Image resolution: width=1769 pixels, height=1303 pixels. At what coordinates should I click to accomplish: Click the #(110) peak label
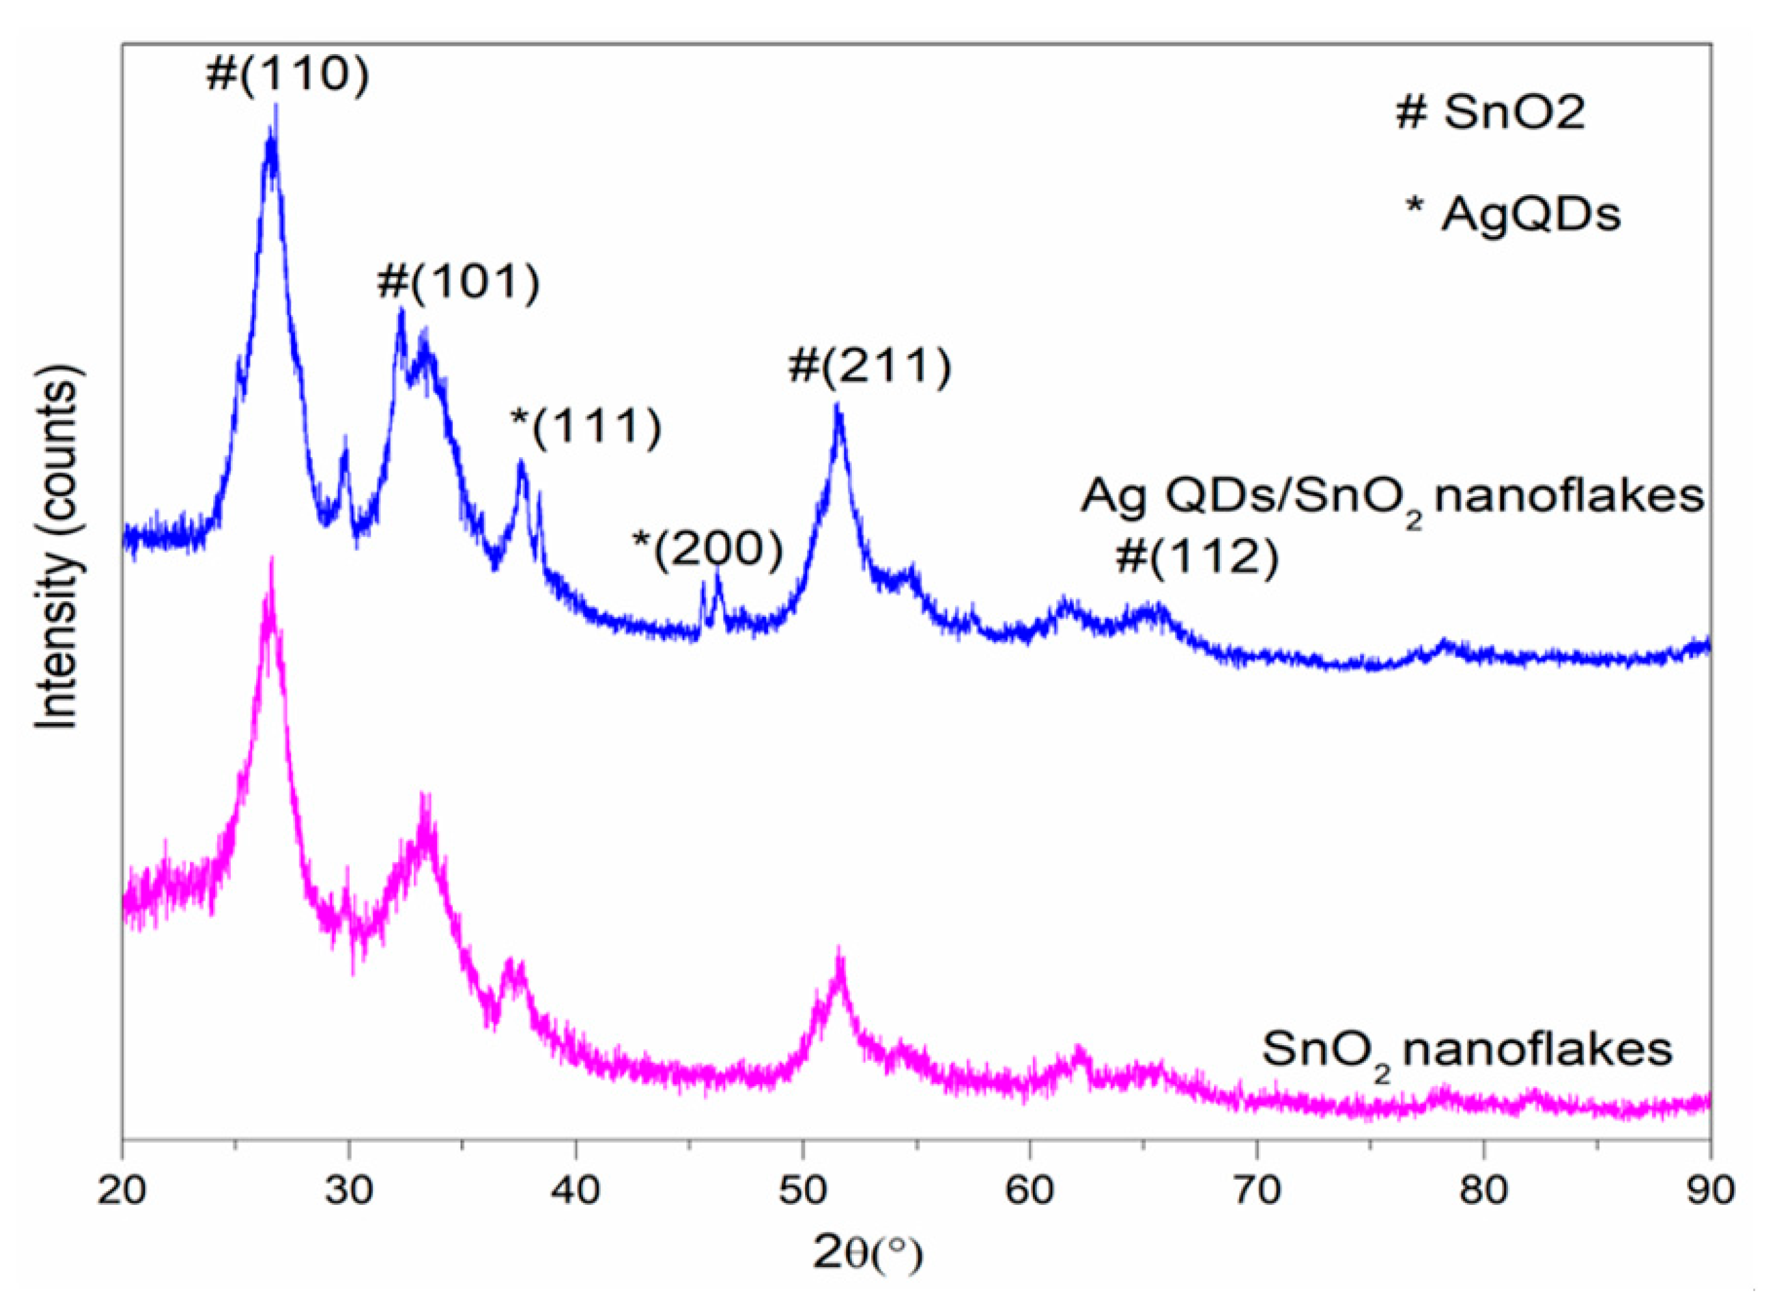(x=287, y=77)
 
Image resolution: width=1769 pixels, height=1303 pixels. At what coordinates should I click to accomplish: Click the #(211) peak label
(x=869, y=367)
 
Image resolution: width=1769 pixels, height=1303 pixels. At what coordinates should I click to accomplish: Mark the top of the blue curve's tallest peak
(x=274, y=106)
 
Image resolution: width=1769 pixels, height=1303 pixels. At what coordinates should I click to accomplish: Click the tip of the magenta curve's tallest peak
(x=271, y=558)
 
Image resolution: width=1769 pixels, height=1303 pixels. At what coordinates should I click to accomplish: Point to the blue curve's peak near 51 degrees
(x=837, y=404)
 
